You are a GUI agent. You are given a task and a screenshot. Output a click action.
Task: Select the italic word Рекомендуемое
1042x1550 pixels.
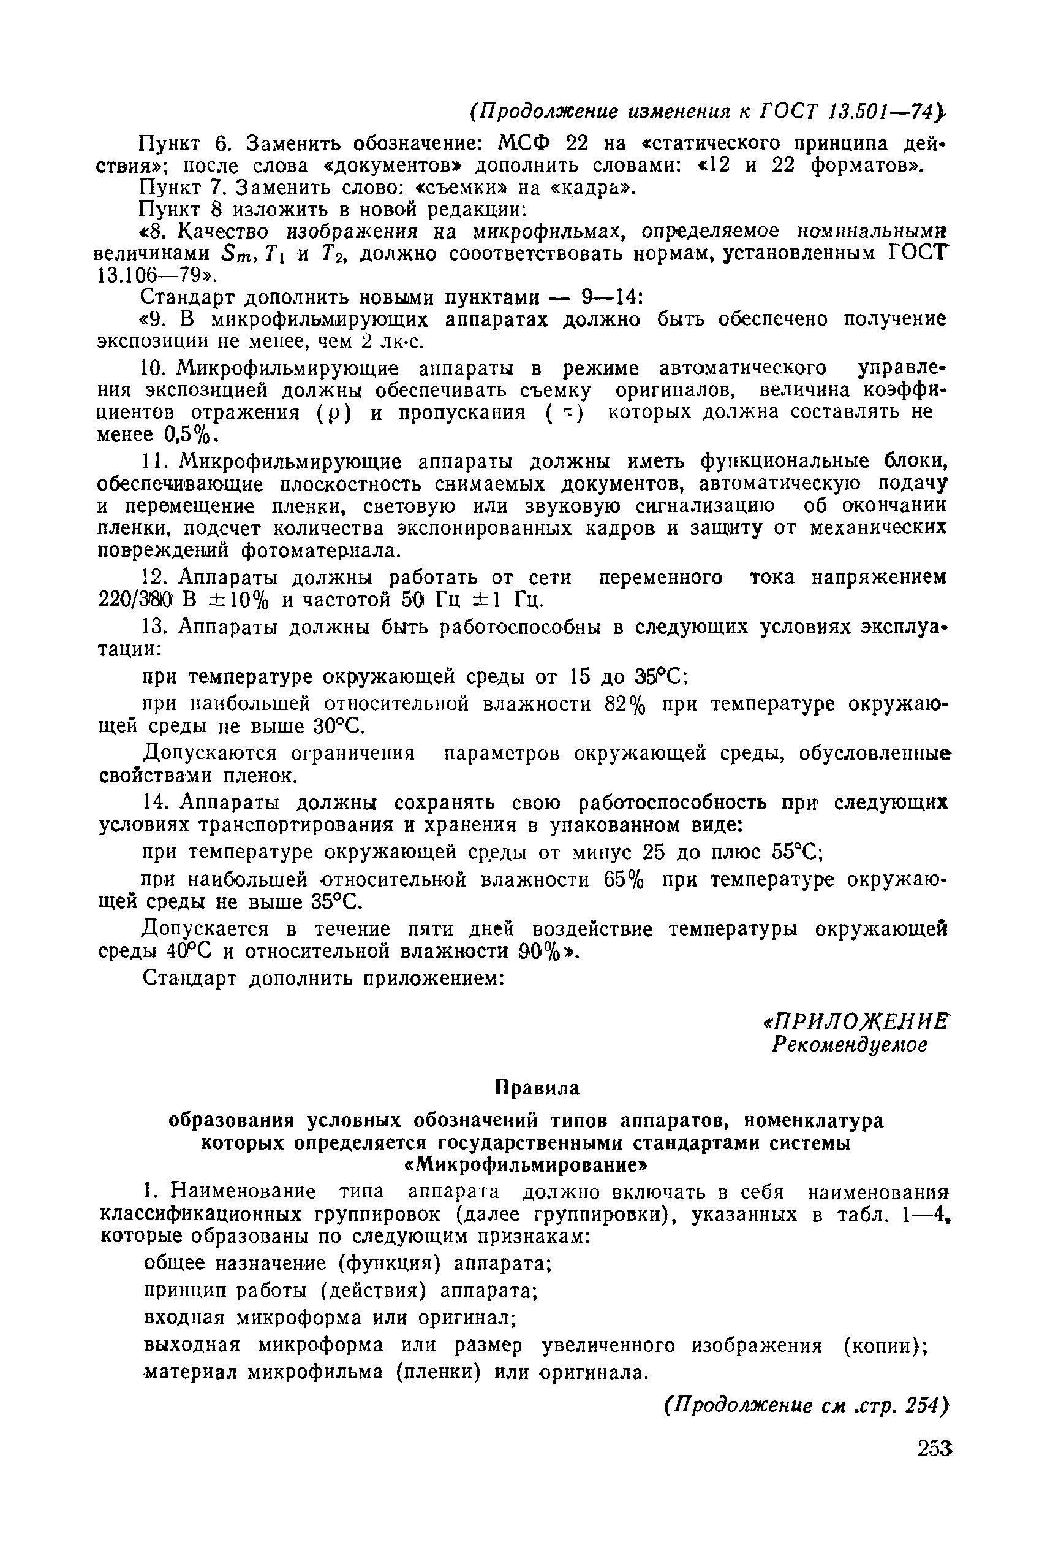(848, 1045)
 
